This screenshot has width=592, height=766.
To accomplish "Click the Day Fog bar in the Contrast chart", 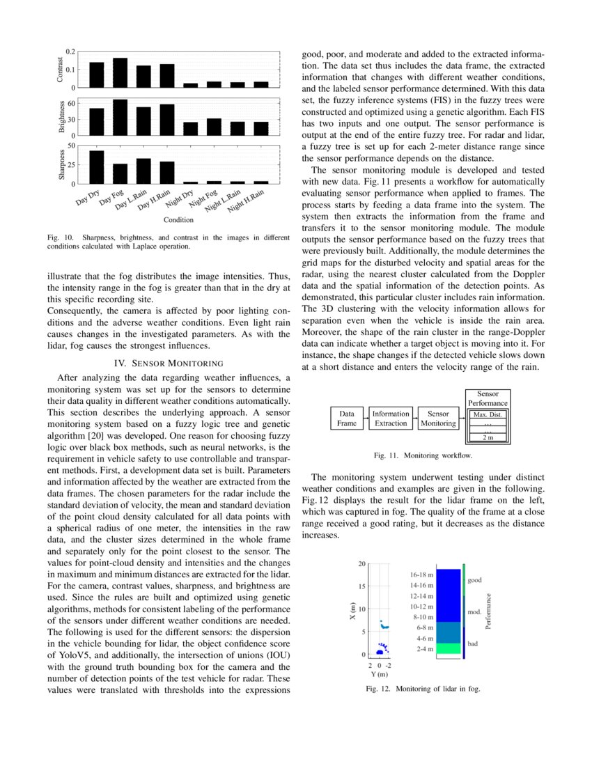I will (120, 72).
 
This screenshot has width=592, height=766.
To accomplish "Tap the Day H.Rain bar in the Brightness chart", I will (167, 120).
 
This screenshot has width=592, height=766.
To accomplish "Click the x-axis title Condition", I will (178, 220).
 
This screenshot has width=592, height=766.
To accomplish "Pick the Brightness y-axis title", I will (60, 118).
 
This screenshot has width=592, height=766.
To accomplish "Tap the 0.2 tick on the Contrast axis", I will (70, 52).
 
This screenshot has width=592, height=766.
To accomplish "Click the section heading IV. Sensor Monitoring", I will (168, 363).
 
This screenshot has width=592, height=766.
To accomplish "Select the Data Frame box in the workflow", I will (346, 419).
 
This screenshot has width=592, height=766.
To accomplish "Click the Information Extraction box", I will (391, 419).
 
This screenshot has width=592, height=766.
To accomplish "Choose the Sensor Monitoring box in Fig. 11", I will (438, 419).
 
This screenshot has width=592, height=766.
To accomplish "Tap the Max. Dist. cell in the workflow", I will (488, 415).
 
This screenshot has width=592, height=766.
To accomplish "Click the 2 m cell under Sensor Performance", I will (488, 437).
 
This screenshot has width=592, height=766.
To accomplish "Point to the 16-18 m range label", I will (421, 575).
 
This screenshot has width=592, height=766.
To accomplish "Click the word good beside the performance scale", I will (474, 580).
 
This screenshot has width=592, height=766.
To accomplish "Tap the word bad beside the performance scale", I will (473, 644).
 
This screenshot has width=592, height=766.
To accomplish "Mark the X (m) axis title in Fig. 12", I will (352, 612).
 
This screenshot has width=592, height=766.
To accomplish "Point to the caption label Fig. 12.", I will (380, 689).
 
